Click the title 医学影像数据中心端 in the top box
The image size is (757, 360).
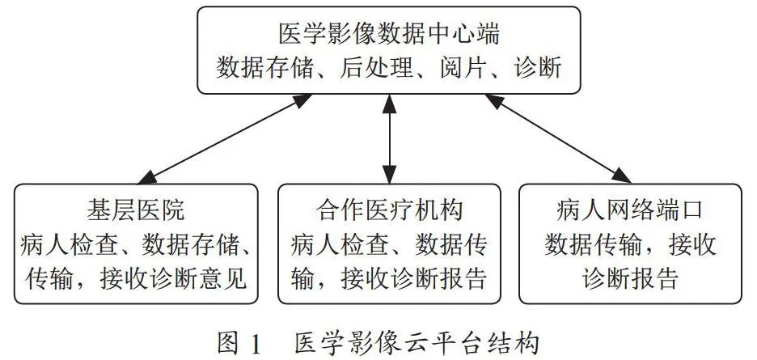pos(389,34)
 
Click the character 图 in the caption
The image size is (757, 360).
pos(228,344)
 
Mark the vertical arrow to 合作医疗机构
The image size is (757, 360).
pos(389,139)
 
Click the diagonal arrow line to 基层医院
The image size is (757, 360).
pos(225,139)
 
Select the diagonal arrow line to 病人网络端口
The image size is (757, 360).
pos(557,139)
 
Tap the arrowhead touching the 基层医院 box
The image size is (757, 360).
pos(146,178)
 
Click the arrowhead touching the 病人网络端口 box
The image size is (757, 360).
pos(622,177)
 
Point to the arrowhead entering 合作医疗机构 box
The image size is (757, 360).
pos(389,175)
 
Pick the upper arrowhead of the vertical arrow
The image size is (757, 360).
pos(389,104)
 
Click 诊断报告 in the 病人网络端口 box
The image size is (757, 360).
pos(630,279)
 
